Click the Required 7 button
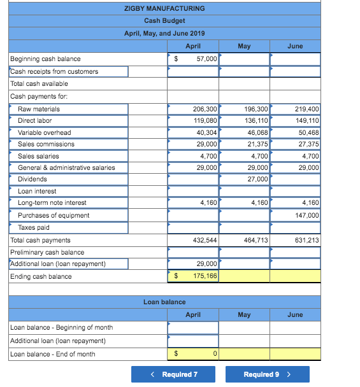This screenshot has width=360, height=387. click(173, 374)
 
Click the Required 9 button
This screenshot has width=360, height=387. click(267, 374)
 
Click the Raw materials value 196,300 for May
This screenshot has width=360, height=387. click(245, 109)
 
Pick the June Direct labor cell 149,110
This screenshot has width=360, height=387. click(296, 121)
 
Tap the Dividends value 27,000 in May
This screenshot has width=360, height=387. click(245, 179)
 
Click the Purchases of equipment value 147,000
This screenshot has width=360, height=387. click(296, 215)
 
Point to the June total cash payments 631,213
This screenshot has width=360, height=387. click(296, 241)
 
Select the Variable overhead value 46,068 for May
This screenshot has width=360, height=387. click(245, 132)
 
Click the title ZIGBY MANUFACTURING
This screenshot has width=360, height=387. click(164, 8)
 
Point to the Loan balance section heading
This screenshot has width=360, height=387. click(164, 302)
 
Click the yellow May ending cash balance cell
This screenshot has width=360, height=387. click(245, 276)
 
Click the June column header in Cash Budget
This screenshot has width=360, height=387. click(295, 46)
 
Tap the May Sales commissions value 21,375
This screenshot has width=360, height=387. click(245, 144)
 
